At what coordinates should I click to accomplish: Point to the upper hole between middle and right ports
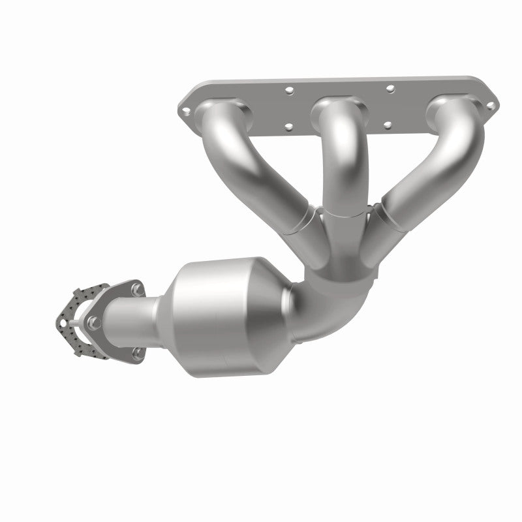click(390, 87)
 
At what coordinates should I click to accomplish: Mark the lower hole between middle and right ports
click(389, 123)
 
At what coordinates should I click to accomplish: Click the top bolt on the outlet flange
click(136, 287)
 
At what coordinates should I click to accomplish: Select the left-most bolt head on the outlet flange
click(92, 320)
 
